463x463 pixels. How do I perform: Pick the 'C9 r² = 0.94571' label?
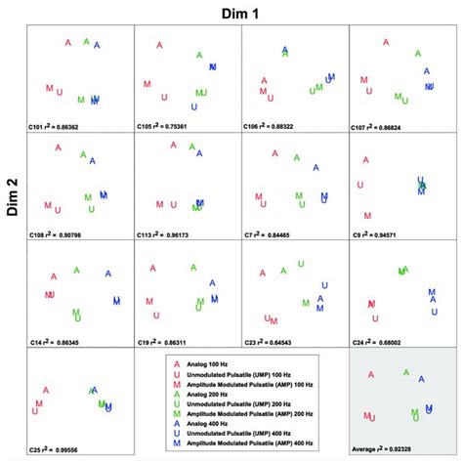[x=376, y=234]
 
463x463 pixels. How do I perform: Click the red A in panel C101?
[x=68, y=43]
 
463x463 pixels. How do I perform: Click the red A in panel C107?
[x=388, y=43]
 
